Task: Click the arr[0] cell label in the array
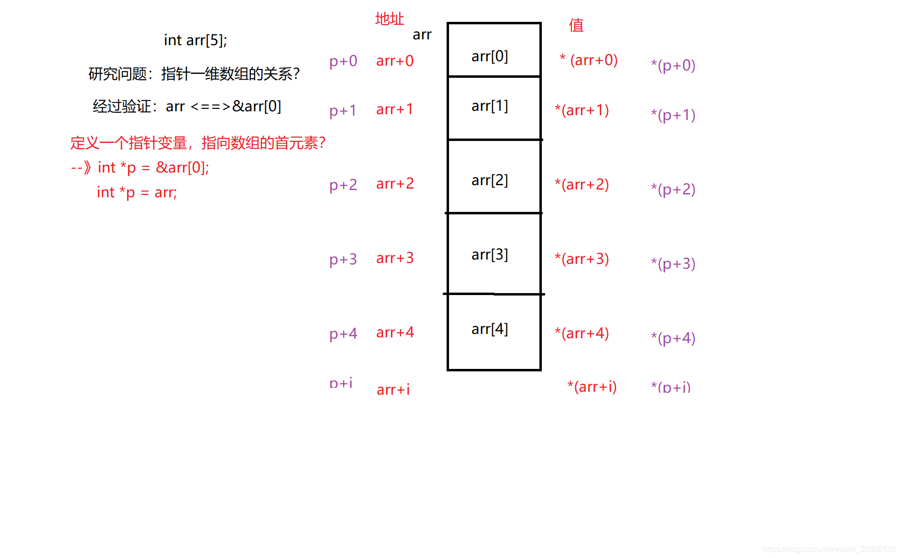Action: pos(489,56)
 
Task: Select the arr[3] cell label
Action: pos(489,255)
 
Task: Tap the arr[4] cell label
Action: pos(489,329)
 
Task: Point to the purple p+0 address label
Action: pos(343,61)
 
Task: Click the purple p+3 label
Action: pos(343,259)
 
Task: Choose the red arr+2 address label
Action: pos(395,184)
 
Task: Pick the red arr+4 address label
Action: pos(395,332)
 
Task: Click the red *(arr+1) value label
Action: pos(582,110)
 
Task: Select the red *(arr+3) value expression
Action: pos(582,259)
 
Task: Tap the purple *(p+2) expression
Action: pos(673,189)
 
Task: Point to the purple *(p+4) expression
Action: pos(673,338)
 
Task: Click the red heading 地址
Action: pos(389,19)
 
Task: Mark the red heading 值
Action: pos(576,25)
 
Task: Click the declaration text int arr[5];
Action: pos(195,40)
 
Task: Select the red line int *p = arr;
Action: pos(137,192)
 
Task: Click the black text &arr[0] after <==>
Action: pos(257,106)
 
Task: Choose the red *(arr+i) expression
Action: pos(592,387)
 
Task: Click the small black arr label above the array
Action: pos(422,35)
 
